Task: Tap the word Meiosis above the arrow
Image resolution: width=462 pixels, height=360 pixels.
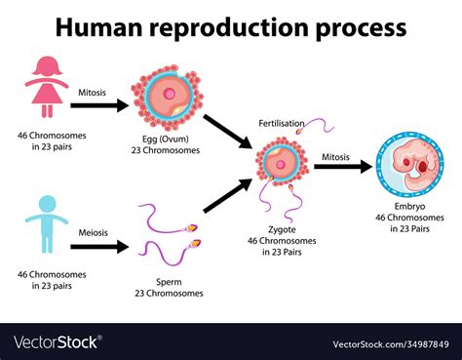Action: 94,233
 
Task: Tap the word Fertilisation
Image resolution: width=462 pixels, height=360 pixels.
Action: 282,123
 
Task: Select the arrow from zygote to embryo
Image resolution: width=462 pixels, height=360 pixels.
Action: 343,167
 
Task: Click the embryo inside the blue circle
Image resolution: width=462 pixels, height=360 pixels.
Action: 413,165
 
